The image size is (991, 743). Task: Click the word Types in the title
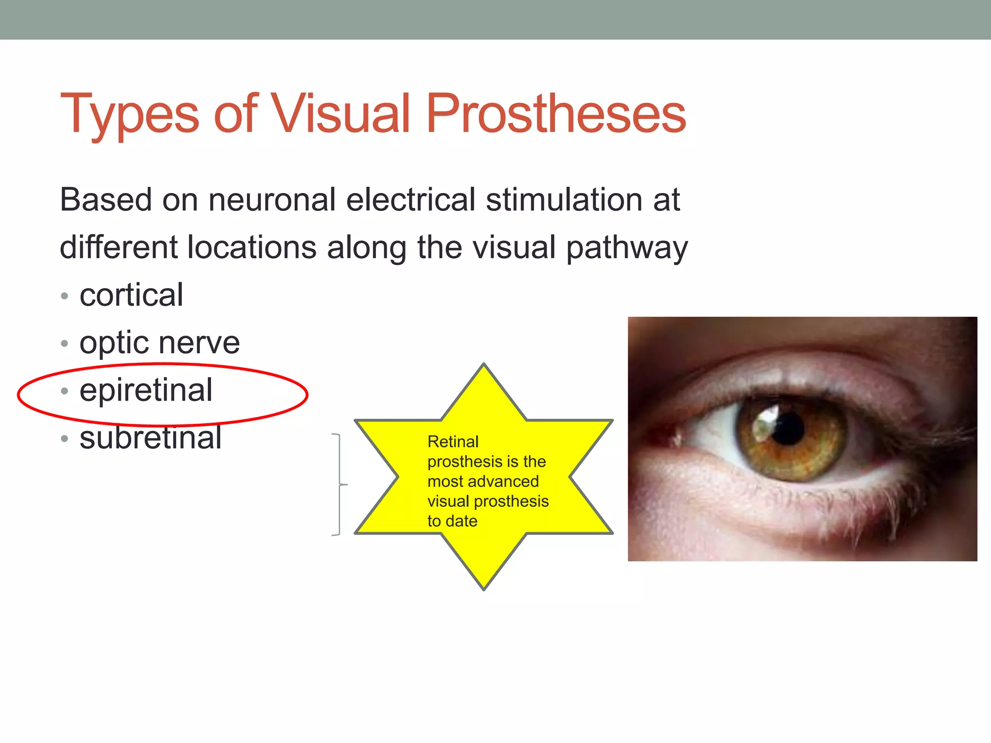129,115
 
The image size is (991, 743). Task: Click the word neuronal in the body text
271,200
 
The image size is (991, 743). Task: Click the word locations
252,247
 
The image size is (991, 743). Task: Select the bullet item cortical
131,295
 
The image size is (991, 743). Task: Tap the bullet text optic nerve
160,343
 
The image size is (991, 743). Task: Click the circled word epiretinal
146,390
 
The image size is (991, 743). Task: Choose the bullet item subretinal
150,438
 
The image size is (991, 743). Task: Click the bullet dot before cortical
65,296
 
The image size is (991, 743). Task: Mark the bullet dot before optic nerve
65,344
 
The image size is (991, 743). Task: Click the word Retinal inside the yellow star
453,442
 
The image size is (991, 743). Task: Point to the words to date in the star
452,521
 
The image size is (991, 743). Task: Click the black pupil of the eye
789,428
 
